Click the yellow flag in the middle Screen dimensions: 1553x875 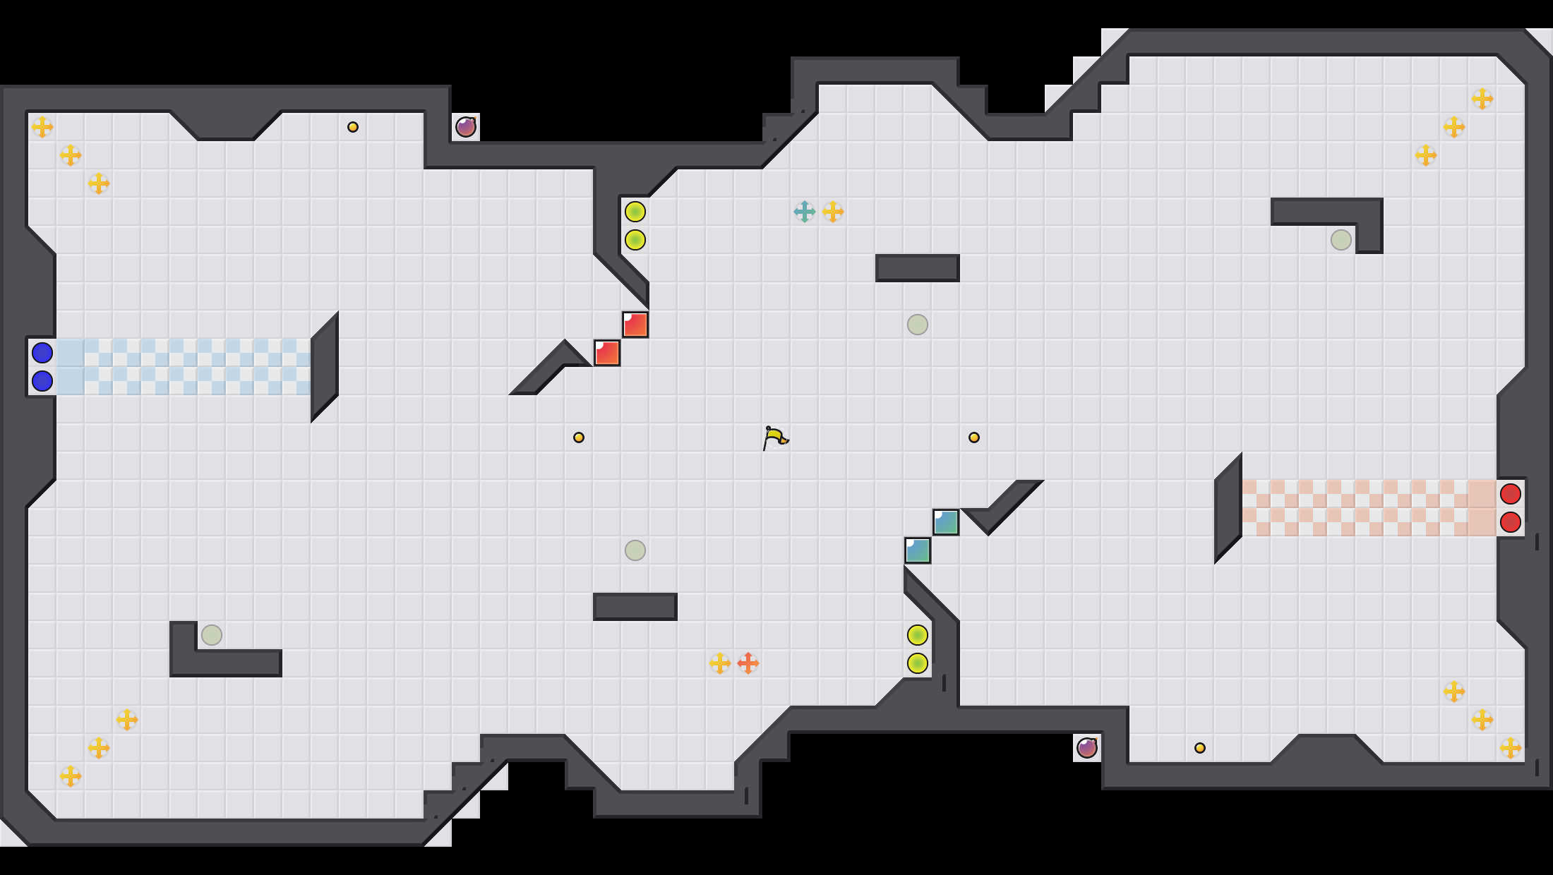tap(775, 437)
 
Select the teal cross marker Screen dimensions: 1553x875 tap(805, 212)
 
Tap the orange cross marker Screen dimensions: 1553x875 tap(748, 663)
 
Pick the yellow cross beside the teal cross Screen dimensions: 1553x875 tap(833, 212)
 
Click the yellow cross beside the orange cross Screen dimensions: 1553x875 tap(720, 663)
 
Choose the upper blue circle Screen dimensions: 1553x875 tap(42, 353)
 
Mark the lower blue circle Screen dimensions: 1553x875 tap(42, 381)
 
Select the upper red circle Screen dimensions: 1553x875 tap(1511, 494)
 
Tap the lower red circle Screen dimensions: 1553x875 tap(1511, 522)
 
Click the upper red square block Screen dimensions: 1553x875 tap(635, 325)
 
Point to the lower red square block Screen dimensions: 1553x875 tap(607, 353)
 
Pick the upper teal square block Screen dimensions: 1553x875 tap(946, 522)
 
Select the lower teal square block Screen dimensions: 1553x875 tap(918, 550)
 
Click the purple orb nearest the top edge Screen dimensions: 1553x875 tap(466, 127)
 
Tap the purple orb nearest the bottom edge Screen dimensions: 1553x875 tap(1087, 748)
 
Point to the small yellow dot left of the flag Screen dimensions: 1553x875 tap(579, 437)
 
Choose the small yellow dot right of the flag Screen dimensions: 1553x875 tap(974, 437)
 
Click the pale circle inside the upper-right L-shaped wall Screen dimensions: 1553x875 tap(1341, 240)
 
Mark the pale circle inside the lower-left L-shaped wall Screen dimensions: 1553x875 tap(212, 635)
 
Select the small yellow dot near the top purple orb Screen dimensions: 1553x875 tap(353, 127)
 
